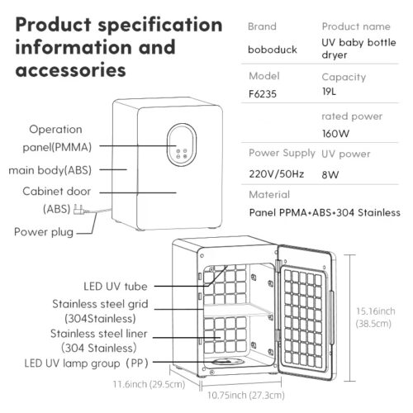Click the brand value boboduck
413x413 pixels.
[x=273, y=50]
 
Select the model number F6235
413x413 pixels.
[x=263, y=94]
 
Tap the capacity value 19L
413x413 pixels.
[x=329, y=92]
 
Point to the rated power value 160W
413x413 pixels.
[x=335, y=134]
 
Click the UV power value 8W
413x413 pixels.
[x=330, y=174]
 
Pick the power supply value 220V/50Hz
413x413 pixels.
[x=277, y=174]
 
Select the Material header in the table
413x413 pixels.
[x=269, y=195]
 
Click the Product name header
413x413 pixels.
[x=356, y=26]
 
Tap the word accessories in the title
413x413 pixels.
[x=71, y=69]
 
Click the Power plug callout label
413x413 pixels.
[x=44, y=232]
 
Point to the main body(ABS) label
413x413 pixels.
[x=50, y=170]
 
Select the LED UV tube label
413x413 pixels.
[x=116, y=287]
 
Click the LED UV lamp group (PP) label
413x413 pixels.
[x=87, y=363]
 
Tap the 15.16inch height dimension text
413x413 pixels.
[x=376, y=311]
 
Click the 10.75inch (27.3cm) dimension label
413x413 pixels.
[x=246, y=396]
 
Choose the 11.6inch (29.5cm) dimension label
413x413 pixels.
[x=149, y=384]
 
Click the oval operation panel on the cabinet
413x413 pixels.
[x=182, y=145]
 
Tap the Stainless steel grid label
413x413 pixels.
[x=100, y=304]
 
